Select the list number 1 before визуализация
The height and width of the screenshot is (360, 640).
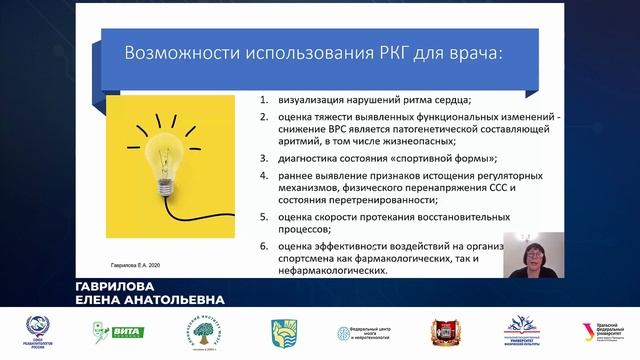pos(262,100)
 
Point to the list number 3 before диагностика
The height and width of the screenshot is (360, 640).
pos(262,158)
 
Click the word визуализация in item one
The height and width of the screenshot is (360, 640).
pos(317,100)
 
